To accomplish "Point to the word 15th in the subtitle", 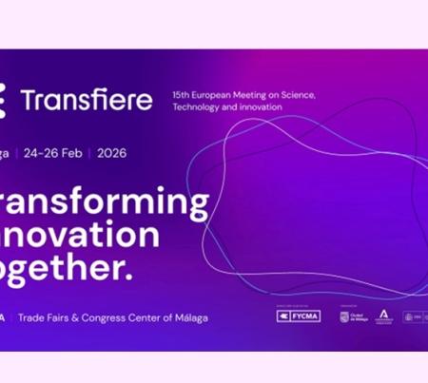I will tap(182, 96).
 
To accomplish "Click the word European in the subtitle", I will tap(213, 96).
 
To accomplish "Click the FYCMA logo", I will tap(296, 316).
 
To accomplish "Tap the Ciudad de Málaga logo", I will tap(351, 316).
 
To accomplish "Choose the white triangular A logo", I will tap(384, 315).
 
